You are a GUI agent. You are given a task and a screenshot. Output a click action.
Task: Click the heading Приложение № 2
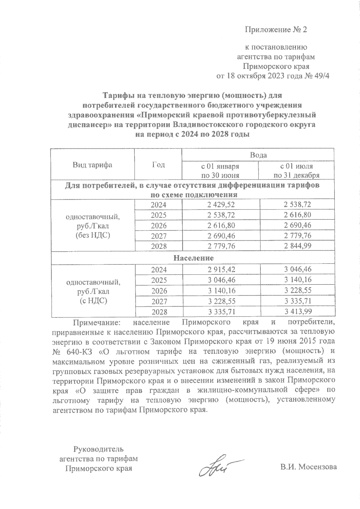click(x=276, y=30)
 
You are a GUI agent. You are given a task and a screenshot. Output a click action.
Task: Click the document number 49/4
click(x=321, y=76)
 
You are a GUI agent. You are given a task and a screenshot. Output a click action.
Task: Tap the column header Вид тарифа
click(x=92, y=165)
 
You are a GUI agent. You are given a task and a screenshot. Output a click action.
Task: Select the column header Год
click(x=158, y=165)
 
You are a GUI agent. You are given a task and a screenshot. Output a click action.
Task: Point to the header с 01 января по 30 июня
click(x=220, y=171)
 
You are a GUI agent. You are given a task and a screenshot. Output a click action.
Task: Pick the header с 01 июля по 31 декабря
click(x=296, y=171)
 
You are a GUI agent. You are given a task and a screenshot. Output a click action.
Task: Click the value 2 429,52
click(x=220, y=204)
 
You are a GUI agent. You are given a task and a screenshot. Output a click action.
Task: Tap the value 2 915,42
click(x=220, y=269)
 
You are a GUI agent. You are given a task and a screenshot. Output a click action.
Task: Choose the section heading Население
click(x=193, y=258)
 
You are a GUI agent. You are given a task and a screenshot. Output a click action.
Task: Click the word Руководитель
click(x=98, y=449)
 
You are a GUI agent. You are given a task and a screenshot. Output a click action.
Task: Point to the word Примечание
click(x=96, y=323)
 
